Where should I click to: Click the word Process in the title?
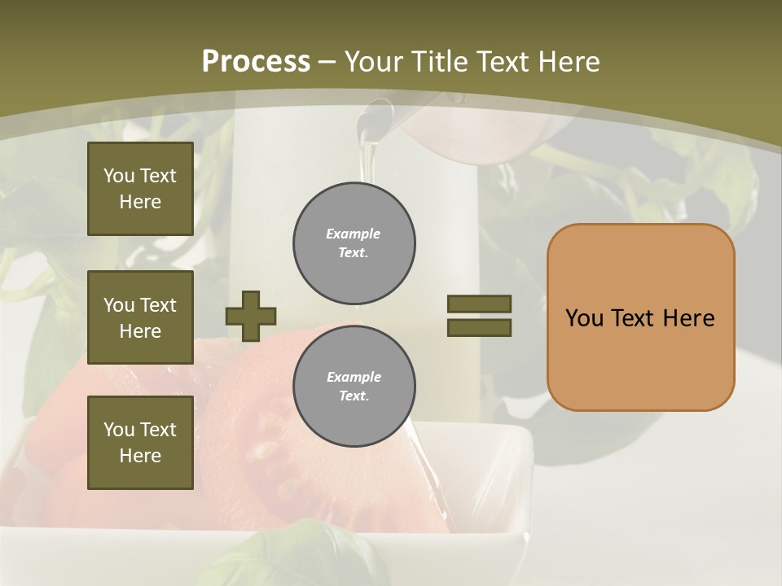point(256,61)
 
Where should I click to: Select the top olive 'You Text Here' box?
point(140,189)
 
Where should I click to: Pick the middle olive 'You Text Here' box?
point(140,317)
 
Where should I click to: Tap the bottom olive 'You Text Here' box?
point(140,443)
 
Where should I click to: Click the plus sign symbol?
point(251,316)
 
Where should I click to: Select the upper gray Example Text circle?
point(354,243)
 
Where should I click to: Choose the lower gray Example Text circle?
point(354,387)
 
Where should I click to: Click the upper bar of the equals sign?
point(479,304)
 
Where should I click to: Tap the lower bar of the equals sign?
point(479,328)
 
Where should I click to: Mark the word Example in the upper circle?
point(353,234)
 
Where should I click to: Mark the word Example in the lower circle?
point(354,377)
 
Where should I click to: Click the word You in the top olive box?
point(119,176)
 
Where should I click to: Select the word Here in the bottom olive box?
point(140,456)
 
